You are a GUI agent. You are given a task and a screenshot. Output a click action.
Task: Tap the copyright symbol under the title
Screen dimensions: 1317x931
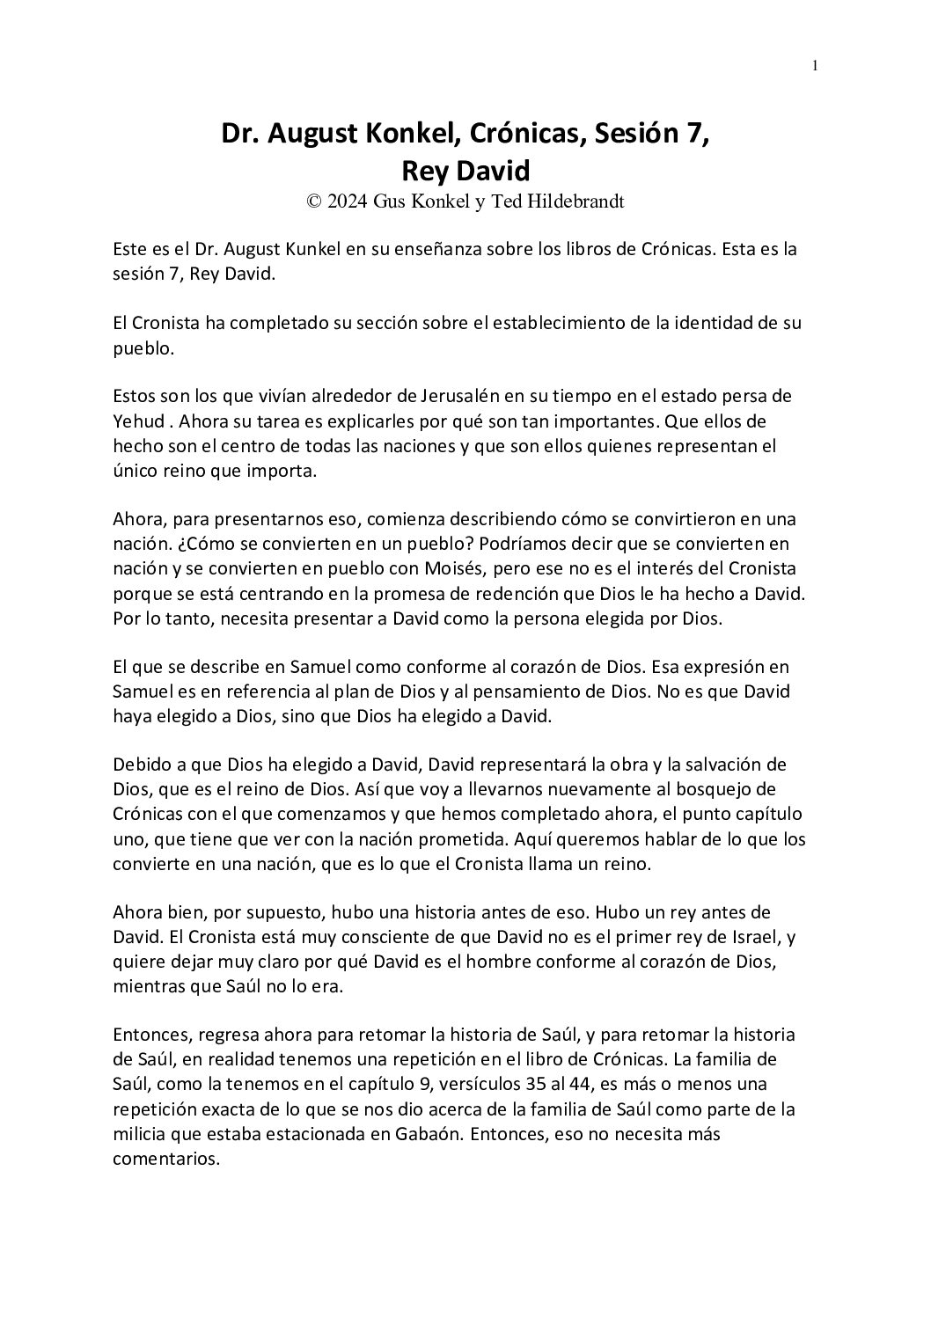tap(313, 201)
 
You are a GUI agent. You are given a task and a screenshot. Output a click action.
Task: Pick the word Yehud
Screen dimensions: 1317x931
tap(137, 421)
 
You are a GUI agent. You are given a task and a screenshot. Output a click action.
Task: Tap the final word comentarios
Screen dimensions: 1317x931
tap(165, 1159)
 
